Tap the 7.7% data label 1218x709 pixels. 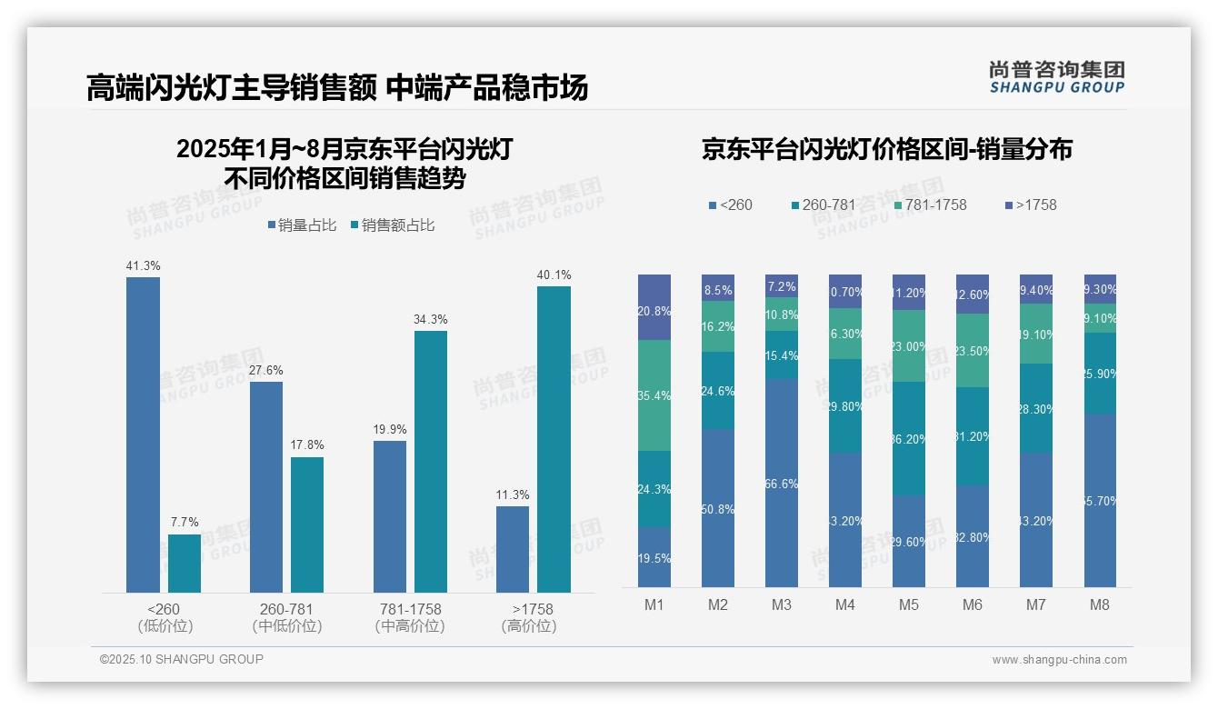coord(185,523)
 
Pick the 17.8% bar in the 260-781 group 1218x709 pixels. coord(307,524)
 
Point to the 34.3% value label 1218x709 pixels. coord(431,320)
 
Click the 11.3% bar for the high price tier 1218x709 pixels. coord(513,549)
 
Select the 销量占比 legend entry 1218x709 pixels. coord(302,225)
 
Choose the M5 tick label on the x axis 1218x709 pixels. coord(909,605)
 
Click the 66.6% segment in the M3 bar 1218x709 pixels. coord(782,483)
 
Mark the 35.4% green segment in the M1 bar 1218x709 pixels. coord(654,395)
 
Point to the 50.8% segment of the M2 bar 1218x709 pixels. coord(718,508)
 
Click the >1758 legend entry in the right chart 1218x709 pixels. coord(1031,205)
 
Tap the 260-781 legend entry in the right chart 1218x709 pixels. coord(824,205)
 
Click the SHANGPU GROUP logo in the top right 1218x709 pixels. coord(1056,77)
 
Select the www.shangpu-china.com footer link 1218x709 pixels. coord(1059,660)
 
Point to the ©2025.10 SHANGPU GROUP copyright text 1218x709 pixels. coord(182,659)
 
